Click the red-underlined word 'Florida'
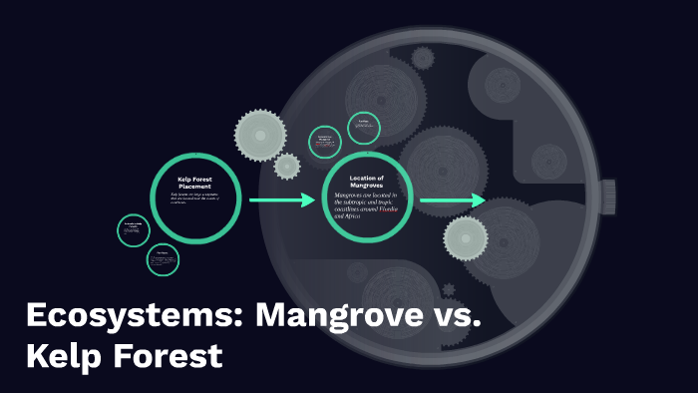pyautogui.click(x=390, y=208)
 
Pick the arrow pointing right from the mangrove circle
pyautogui.click(x=452, y=201)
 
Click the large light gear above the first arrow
pyautogui.click(x=260, y=132)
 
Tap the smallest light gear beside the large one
pyautogui.click(x=287, y=166)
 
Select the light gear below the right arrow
pyautogui.click(x=465, y=238)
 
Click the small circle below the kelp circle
pyautogui.click(x=162, y=258)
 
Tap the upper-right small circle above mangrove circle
pyautogui.click(x=364, y=127)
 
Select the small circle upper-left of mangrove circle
pyautogui.click(x=325, y=141)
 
